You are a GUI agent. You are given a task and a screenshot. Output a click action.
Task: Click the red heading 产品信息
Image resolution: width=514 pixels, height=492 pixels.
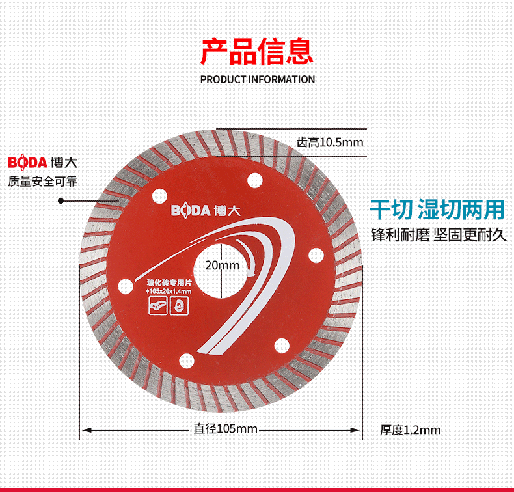[256, 52]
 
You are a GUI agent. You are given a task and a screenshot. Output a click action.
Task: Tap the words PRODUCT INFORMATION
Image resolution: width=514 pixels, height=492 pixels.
[257, 79]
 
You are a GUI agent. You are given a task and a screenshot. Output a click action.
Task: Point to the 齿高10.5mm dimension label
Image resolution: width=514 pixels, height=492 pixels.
[329, 142]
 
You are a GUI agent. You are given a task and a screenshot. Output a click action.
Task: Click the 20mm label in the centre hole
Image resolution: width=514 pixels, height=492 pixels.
[222, 265]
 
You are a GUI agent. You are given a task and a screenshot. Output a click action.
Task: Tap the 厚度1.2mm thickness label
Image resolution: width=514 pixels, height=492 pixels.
[410, 430]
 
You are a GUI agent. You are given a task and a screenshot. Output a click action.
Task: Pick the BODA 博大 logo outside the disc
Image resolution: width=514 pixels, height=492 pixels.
[38, 162]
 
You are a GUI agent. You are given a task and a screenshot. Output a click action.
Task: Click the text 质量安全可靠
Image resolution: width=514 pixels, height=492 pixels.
[42, 182]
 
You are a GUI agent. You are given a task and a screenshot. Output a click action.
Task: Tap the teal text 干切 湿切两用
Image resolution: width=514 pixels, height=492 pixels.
[437, 210]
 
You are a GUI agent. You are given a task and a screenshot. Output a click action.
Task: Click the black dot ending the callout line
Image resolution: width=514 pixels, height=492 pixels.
[61, 200]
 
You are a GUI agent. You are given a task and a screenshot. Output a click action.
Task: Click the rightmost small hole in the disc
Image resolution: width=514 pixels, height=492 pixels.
[316, 254]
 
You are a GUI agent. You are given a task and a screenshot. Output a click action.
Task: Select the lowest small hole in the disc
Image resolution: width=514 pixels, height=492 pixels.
[185, 357]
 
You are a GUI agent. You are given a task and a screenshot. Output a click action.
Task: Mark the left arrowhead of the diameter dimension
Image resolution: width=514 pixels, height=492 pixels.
[84, 429]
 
